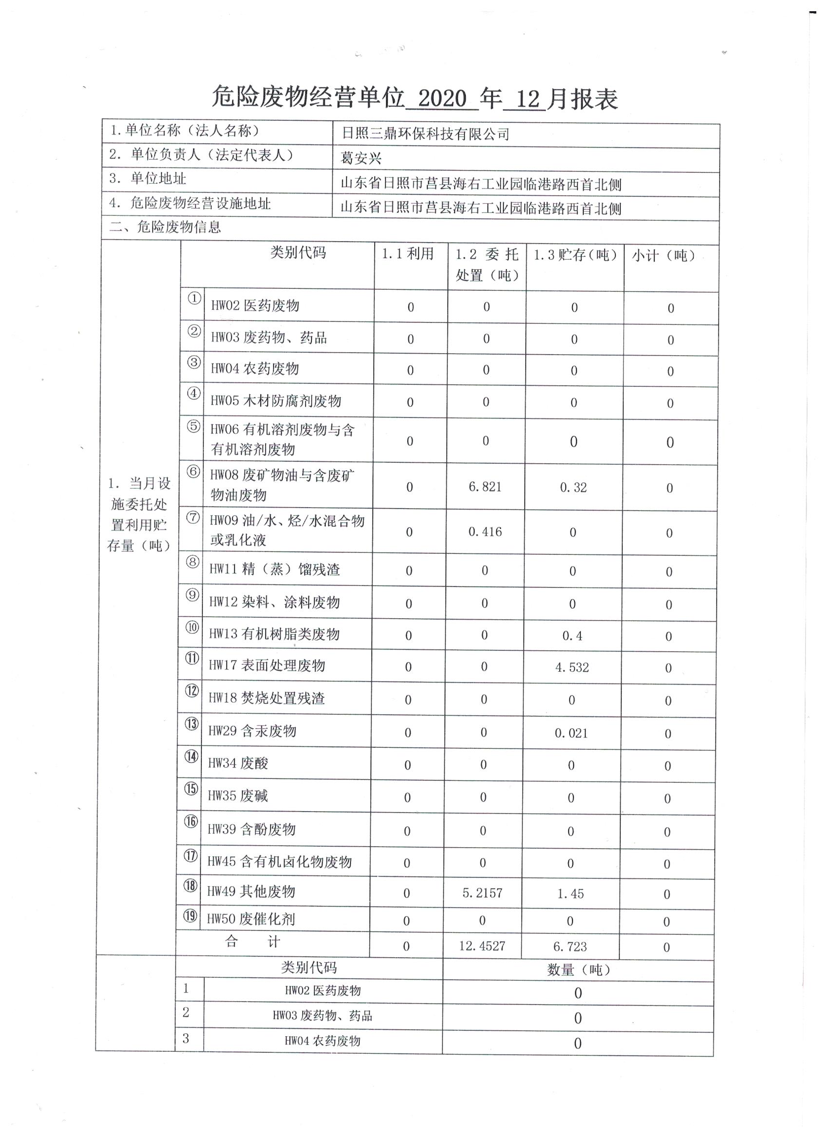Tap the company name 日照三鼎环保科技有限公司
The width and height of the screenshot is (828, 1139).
pos(425,134)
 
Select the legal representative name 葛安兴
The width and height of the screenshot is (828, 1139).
pos(361,159)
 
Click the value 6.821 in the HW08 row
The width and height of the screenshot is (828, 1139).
pos(485,487)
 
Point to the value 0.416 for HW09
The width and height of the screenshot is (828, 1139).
pos(485,532)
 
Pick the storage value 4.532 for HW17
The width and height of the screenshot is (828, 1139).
pos(572,667)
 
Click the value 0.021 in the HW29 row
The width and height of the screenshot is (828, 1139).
pos(571,733)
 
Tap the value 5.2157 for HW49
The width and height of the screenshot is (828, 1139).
pos(483,893)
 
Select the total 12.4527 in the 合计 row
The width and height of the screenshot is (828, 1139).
pos(482,946)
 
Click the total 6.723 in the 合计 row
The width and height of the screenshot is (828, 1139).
pos(570,947)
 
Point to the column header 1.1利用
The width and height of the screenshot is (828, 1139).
pos(408,254)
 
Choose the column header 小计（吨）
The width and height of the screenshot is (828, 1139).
pos(664,256)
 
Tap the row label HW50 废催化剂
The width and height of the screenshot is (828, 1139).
pos(251,919)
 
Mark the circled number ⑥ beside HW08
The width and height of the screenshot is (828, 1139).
pos(193,473)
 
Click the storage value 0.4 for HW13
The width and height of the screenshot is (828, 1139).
pos(572,636)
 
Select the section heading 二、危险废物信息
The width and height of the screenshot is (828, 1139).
pos(165,228)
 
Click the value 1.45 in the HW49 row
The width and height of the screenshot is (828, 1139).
pos(570,894)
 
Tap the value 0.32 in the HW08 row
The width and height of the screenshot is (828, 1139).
pos(573,488)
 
